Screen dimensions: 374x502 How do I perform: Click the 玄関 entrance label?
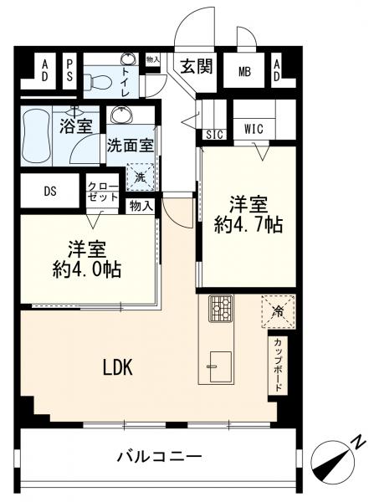pyautogui.click(x=197, y=67)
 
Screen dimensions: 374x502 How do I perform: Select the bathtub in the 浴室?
pyautogui.click(x=36, y=135)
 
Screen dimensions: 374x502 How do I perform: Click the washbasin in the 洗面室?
pyautogui.click(x=121, y=114)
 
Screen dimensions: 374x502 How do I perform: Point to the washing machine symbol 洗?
pyautogui.click(x=141, y=177)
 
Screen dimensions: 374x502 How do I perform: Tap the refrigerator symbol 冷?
pyautogui.click(x=278, y=311)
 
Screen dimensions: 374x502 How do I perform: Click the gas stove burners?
pyautogui.click(x=221, y=308)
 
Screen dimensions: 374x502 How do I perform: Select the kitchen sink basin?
pyautogui.click(x=220, y=366)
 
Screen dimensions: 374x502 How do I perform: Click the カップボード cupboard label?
pyautogui.click(x=278, y=364)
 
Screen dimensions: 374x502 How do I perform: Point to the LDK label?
pyautogui.click(x=117, y=367)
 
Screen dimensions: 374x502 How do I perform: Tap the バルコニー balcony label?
pyautogui.click(x=159, y=456)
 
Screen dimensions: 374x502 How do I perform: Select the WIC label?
pyautogui.click(x=254, y=129)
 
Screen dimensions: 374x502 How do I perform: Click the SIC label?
pyautogui.click(x=214, y=135)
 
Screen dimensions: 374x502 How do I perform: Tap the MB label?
pyautogui.click(x=244, y=72)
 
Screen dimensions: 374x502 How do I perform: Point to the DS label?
pyautogui.click(x=50, y=191)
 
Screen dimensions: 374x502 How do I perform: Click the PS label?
pyautogui.click(x=69, y=71)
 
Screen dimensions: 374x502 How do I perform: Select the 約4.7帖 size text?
pyautogui.click(x=248, y=225)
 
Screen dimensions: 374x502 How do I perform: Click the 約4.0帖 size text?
pyautogui.click(x=87, y=270)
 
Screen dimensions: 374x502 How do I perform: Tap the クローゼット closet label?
pyautogui.click(x=103, y=192)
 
